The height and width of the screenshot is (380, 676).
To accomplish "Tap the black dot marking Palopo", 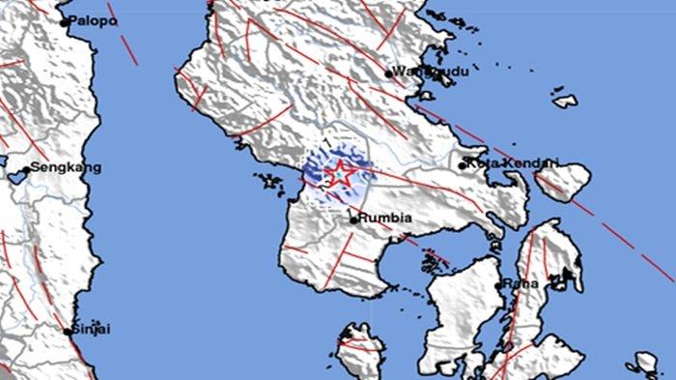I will (65, 21).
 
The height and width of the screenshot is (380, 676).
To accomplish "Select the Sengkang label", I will (66, 167).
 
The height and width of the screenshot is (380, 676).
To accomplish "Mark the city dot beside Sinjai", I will (70, 331).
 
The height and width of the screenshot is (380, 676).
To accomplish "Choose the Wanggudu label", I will (423, 73).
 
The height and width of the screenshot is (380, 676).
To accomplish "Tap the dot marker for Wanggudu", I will (389, 73).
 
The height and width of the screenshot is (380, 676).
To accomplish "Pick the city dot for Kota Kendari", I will (463, 163).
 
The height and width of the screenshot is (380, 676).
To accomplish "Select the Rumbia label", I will (385, 219).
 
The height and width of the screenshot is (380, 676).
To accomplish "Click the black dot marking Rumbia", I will (353, 219).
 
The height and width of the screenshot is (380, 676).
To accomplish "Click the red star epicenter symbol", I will (339, 175).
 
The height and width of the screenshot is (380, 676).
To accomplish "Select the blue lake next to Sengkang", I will (21, 177).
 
